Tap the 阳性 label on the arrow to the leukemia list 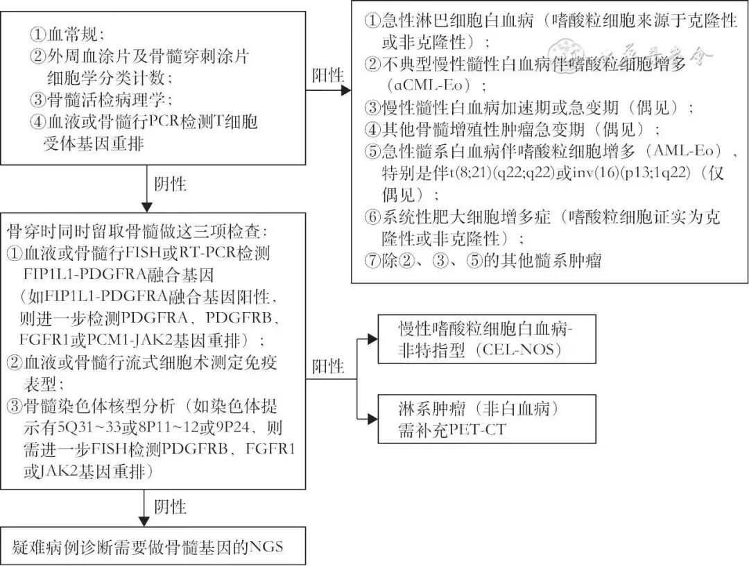(x=328, y=75)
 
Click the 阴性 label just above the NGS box (x=170, y=506)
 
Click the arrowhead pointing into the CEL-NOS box (x=372, y=338)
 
